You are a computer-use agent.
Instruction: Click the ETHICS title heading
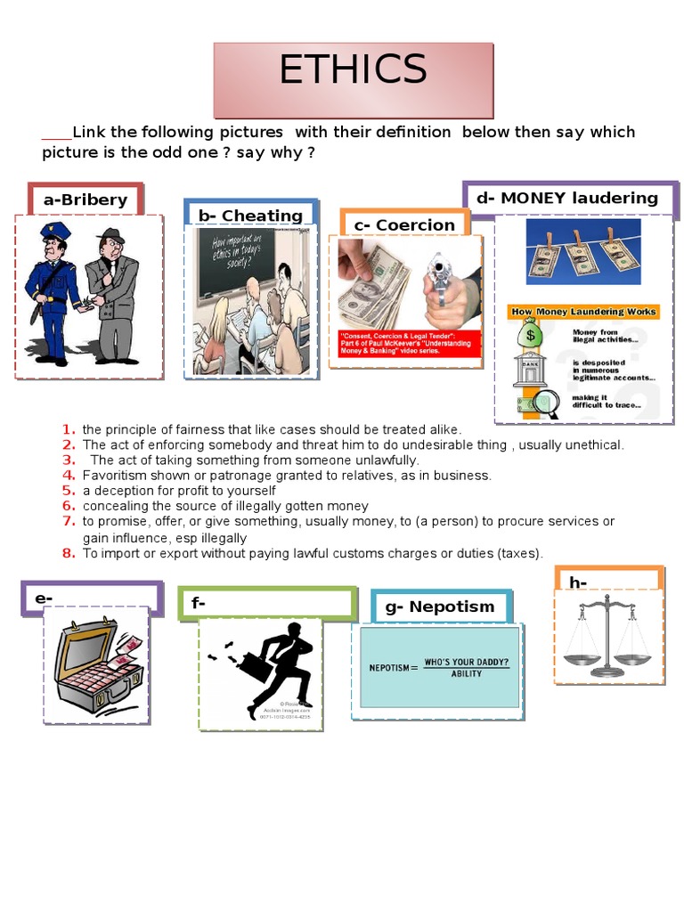[353, 70]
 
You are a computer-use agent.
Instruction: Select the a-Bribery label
[85, 199]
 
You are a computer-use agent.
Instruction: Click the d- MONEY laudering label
[567, 198]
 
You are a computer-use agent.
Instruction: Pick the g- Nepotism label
[440, 607]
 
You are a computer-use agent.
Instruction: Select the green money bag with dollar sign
[531, 335]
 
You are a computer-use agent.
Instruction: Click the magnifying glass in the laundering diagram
[545, 403]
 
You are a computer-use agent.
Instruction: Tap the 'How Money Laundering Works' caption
[583, 312]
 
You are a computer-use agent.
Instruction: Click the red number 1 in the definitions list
[69, 430]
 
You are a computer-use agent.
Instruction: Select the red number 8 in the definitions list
[69, 553]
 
